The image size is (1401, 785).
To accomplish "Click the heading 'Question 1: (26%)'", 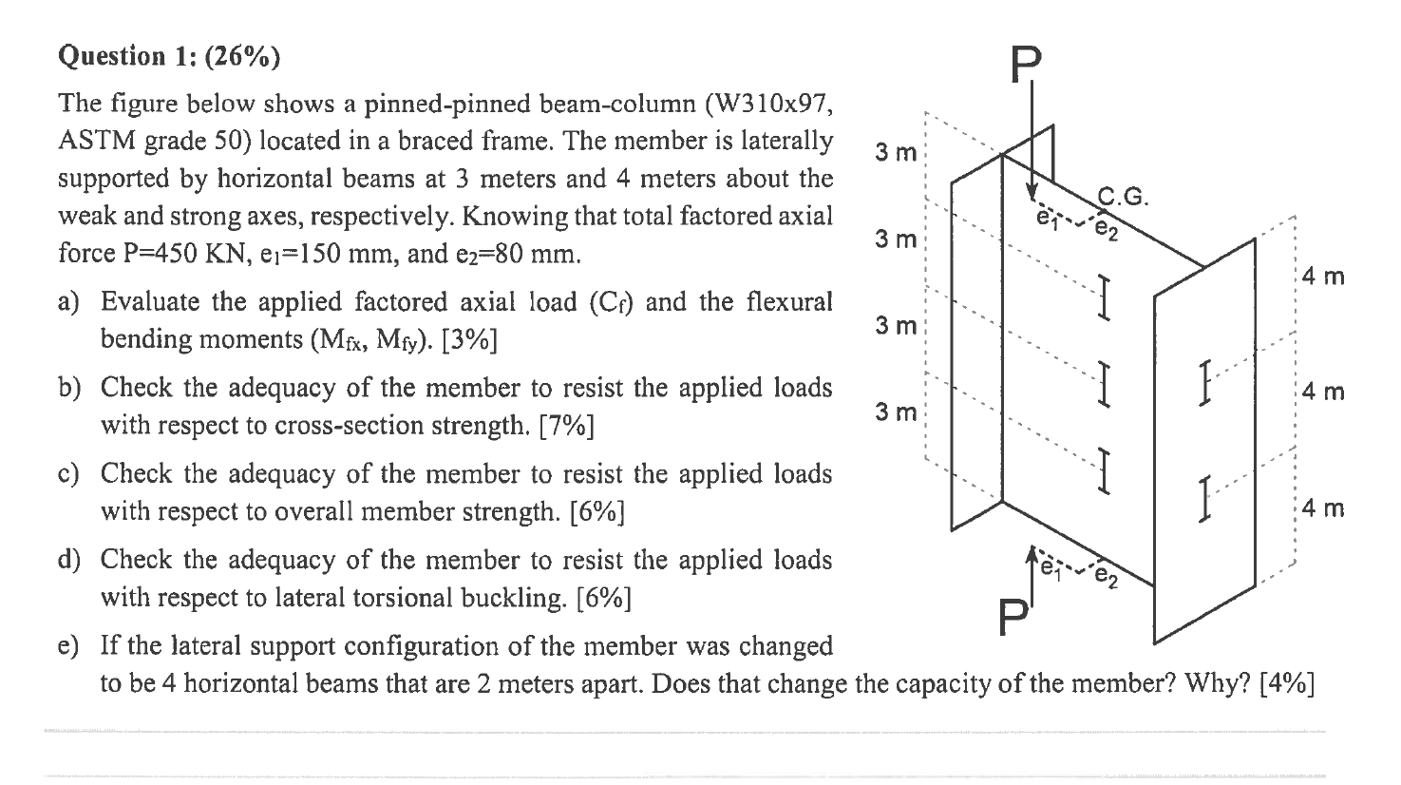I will pos(169,57).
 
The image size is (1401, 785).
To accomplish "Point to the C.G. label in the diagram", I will pos(1124,198).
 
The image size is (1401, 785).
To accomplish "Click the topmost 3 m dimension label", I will pos(896,152).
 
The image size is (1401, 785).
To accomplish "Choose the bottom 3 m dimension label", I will pos(896,412).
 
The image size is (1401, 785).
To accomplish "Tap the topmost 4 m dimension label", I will pos(1323,278).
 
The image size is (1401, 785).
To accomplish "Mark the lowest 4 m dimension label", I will pos(1323,508).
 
